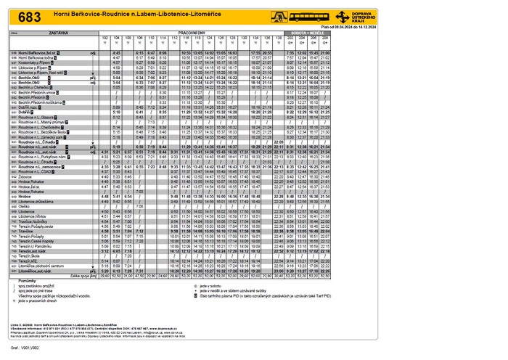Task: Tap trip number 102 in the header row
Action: [105, 38]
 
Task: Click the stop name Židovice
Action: [28, 176]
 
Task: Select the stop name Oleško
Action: [26, 206]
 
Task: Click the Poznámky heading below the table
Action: [27, 281]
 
